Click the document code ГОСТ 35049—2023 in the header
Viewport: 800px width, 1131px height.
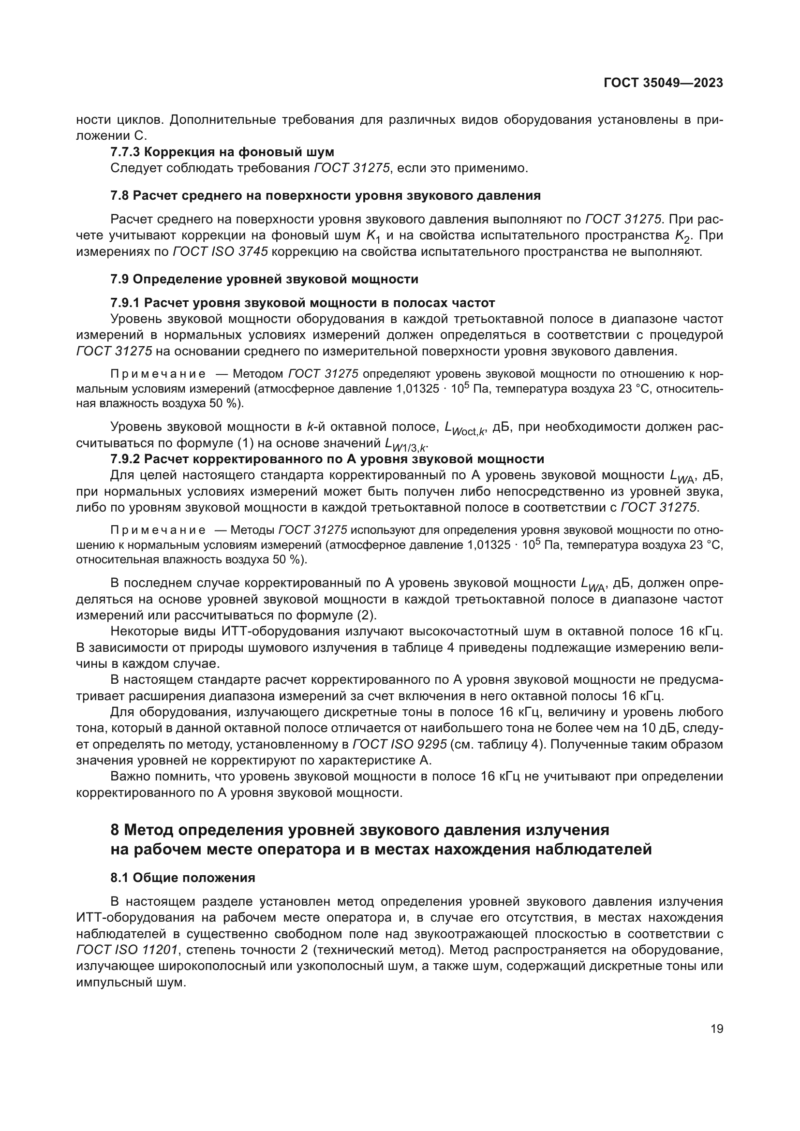coord(663,83)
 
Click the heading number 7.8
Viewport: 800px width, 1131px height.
coord(119,195)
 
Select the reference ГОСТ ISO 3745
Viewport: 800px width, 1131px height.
coord(220,252)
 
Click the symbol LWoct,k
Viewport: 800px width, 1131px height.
coord(465,428)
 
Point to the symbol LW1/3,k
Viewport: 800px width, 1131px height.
coord(406,444)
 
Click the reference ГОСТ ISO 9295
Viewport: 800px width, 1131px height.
coord(400,744)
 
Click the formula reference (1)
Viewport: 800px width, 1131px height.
coord(245,443)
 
